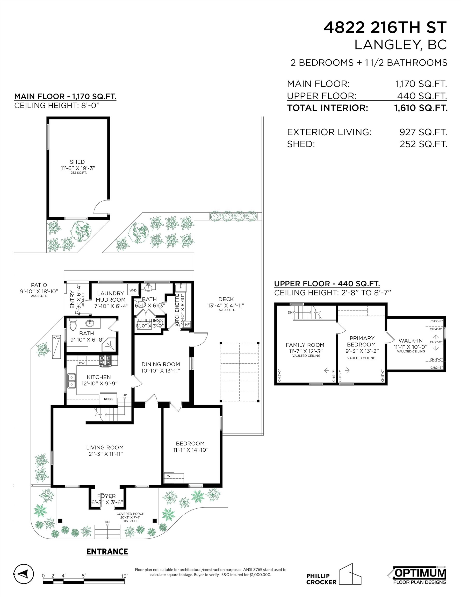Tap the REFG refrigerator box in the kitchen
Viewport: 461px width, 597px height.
coord(108,399)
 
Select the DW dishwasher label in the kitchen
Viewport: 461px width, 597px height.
coord(82,363)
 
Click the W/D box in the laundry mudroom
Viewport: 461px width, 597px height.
coord(133,290)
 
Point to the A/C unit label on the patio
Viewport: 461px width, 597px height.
coord(56,338)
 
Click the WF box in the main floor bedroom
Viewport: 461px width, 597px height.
coord(170,476)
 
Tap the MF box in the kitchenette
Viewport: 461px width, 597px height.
coord(187,324)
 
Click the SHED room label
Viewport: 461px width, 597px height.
coord(77,162)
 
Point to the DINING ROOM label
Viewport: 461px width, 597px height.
coord(161,364)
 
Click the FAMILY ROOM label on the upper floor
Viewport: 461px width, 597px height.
coord(305,345)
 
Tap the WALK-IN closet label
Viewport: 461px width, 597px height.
coord(410,340)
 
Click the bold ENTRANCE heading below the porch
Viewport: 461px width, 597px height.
coord(107,552)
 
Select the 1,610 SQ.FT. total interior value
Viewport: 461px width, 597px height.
coord(421,108)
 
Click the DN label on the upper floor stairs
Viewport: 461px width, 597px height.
coord(290,312)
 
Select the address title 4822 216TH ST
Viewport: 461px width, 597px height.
coord(385,28)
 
